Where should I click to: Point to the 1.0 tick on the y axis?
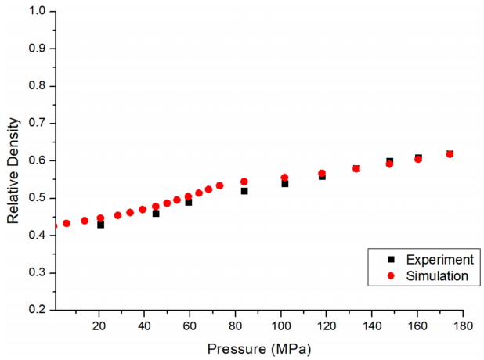(35, 11)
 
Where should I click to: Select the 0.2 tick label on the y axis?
(35, 310)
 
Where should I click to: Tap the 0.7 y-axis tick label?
(35, 123)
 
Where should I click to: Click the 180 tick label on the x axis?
(463, 325)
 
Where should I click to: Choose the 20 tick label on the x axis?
(99, 325)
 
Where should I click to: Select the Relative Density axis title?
(13, 160)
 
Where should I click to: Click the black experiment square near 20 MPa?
(100, 225)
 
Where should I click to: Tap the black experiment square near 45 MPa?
(156, 213)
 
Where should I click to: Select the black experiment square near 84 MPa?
(244, 191)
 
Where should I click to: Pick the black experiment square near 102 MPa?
(285, 183)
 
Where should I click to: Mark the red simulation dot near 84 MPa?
(244, 182)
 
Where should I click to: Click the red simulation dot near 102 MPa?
(284, 178)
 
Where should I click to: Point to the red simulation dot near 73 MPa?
(219, 185)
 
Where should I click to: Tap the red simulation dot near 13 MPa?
(85, 221)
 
